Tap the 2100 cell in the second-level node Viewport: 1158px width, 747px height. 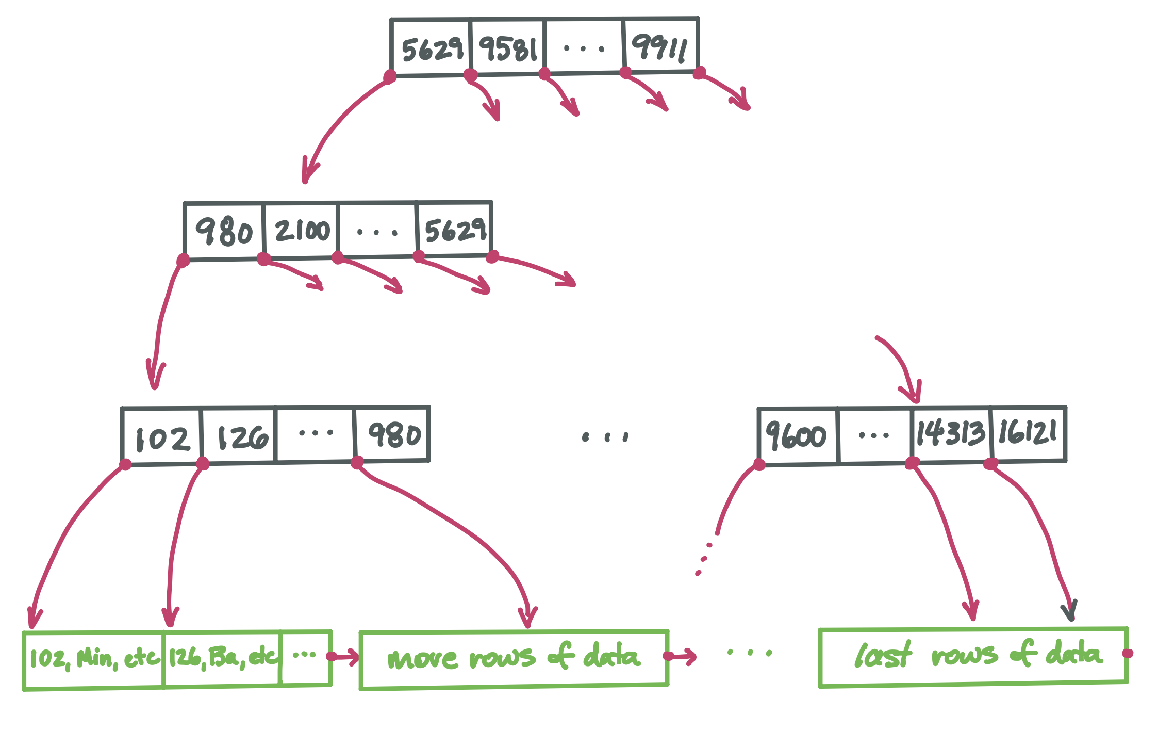[301, 230]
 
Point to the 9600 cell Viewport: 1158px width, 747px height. [797, 436]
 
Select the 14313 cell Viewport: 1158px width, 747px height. [950, 434]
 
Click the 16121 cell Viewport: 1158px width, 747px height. [1028, 433]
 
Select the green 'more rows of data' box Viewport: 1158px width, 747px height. [514, 659]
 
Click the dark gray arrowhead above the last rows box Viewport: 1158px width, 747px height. [1070, 612]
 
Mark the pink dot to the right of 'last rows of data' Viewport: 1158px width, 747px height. [1128, 653]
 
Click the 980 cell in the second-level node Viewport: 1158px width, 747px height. [224, 231]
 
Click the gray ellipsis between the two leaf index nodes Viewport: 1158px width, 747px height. [605, 437]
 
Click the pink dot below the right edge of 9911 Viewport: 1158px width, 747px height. [699, 73]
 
